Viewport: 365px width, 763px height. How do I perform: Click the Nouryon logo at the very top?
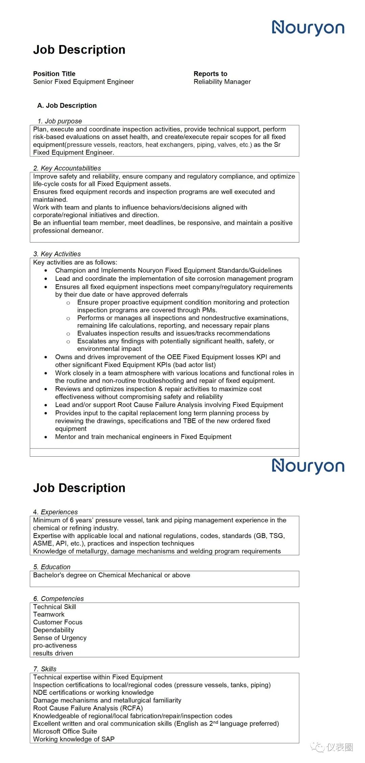(x=308, y=28)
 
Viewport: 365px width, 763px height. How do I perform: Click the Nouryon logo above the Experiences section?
(x=308, y=466)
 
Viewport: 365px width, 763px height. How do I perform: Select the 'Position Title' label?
(x=54, y=74)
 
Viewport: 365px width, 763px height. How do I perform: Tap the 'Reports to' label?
(x=210, y=74)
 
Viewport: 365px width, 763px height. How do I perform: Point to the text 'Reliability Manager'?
(x=222, y=82)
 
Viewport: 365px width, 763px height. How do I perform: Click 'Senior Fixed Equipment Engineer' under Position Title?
(x=83, y=82)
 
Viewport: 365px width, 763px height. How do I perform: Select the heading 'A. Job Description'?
(x=67, y=105)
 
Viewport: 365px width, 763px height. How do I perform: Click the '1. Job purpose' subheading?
(x=60, y=121)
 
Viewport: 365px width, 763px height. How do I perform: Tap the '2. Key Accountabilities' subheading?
(x=67, y=168)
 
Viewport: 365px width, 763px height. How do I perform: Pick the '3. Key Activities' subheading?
(x=57, y=254)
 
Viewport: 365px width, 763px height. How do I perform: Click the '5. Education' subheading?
(x=52, y=567)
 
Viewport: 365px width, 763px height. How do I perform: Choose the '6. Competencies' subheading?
(x=58, y=599)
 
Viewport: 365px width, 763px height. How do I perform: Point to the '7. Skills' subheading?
(x=45, y=669)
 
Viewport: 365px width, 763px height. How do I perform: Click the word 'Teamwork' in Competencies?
(x=49, y=614)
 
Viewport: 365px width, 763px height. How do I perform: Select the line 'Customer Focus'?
(x=57, y=622)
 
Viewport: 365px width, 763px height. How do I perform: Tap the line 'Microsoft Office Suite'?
(x=65, y=731)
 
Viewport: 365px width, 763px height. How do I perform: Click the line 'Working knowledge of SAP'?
(x=74, y=739)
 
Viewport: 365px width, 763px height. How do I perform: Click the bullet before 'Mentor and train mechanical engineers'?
(x=46, y=437)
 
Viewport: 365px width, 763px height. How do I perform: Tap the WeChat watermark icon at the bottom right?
(x=318, y=747)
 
